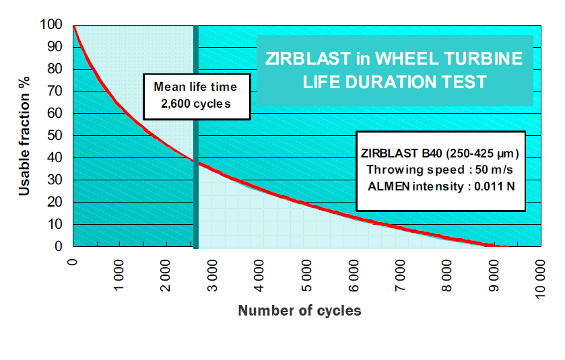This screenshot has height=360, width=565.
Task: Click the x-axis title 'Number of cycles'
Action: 299,310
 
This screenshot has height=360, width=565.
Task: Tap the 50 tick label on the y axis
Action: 57,136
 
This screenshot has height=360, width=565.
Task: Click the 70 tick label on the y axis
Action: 57,92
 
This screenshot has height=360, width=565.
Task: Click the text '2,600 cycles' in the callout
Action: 195,104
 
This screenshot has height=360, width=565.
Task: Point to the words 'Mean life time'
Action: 195,87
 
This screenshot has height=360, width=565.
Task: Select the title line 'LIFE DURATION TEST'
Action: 395,82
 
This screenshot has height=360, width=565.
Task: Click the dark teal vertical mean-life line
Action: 196,202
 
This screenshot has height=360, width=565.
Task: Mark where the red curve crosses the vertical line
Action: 196,161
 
